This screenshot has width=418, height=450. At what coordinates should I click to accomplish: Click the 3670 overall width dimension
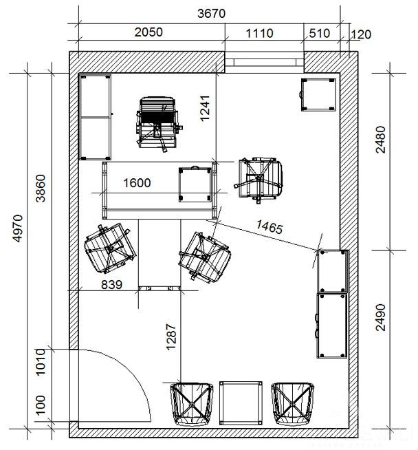coord(211,14)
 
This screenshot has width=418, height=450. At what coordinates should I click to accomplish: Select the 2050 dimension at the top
coord(148,32)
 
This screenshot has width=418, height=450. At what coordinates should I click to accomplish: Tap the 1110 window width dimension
coord(259,34)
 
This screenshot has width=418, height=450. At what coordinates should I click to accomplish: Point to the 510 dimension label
coord(320,34)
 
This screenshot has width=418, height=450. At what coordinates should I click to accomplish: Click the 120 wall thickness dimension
coord(361,34)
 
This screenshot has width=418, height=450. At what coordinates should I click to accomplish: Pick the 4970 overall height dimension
coord(18,228)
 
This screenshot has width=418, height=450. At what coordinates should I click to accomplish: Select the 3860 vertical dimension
coord(41,189)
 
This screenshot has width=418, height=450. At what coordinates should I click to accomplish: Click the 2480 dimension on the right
coord(381,140)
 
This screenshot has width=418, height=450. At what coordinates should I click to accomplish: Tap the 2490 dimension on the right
coord(381,317)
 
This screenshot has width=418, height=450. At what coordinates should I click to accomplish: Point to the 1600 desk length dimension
coord(137,183)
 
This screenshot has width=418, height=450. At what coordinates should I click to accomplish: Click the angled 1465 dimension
coord(269,227)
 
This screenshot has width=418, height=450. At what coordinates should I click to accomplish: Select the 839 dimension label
coord(112,285)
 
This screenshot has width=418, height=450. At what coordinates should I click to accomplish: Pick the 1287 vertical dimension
coord(171,337)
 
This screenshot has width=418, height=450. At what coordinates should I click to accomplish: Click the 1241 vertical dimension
coord(205,109)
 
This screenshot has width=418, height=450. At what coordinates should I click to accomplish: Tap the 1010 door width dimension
coord(41,362)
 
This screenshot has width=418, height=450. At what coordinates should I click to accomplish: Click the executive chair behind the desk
coord(158,123)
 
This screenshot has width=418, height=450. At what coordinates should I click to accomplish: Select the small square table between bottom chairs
coord(241,403)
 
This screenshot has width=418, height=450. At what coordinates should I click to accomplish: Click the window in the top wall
coord(264,63)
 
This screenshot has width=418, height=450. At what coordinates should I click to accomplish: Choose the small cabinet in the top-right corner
coord(318,94)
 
